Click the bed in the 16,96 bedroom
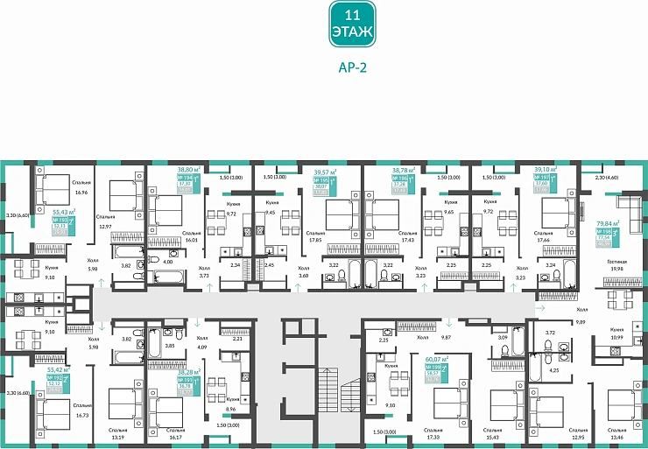(x=53, y=184)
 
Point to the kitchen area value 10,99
(x=616, y=337)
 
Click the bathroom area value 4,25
(x=553, y=369)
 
